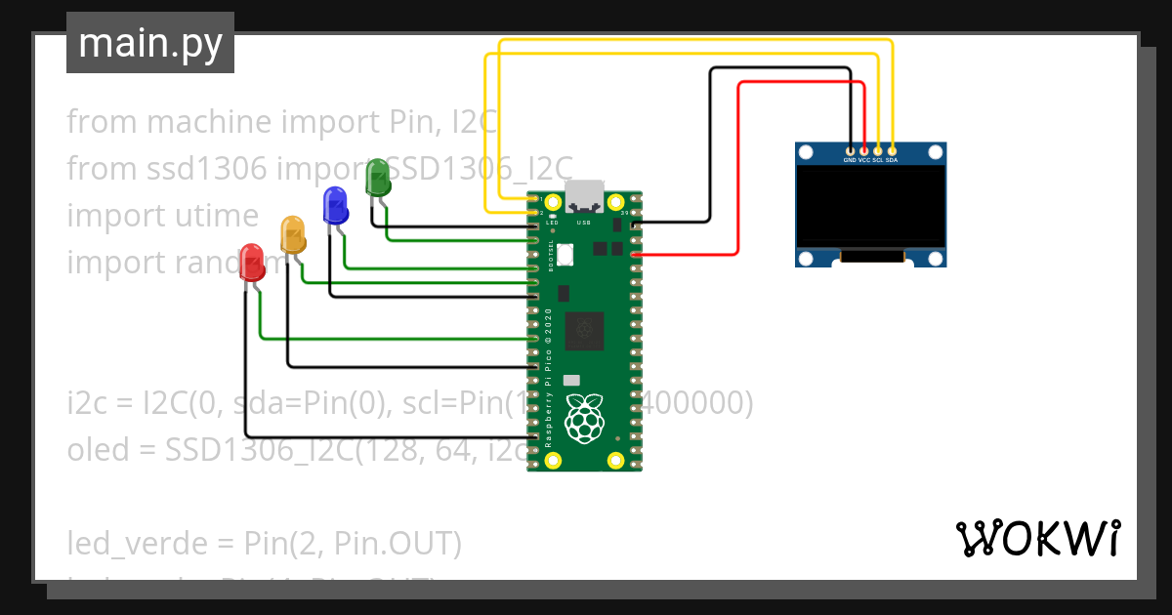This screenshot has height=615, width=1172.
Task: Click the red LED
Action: (252, 262)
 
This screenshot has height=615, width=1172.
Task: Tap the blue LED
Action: (335, 205)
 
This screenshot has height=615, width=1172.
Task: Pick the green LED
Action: (376, 177)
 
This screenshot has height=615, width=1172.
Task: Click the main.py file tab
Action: (150, 43)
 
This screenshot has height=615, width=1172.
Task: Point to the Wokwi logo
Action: (1037, 538)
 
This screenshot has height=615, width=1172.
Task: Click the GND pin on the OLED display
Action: (850, 151)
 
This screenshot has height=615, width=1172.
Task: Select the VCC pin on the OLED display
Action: (863, 151)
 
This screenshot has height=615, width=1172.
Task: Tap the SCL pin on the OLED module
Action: (878, 151)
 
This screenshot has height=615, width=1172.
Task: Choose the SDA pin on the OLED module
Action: (892, 151)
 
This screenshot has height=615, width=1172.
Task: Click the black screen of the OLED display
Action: (871, 205)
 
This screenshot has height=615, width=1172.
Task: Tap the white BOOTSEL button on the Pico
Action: (565, 254)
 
